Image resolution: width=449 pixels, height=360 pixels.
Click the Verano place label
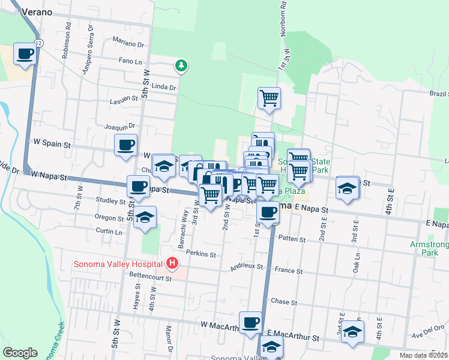pyautogui.click(x=38, y=11)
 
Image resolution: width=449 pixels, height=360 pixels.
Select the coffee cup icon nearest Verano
pyautogui.click(x=25, y=55)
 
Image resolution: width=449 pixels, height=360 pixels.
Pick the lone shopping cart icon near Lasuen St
pyautogui.click(x=269, y=98)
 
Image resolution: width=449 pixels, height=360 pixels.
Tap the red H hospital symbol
pyautogui.click(x=172, y=263)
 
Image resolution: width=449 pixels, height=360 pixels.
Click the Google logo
pyautogui.click(x=20, y=352)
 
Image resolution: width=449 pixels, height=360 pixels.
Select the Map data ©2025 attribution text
pyautogui.click(x=423, y=355)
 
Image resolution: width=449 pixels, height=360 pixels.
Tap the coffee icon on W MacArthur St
pyautogui.click(x=250, y=322)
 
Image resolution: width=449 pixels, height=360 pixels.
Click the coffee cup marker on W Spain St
pyautogui.click(x=126, y=145)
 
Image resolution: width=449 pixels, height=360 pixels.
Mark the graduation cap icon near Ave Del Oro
pyautogui.click(x=352, y=331)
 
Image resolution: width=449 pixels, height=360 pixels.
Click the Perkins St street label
pyautogui.click(x=200, y=254)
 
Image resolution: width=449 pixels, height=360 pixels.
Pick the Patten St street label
pyautogui.click(x=292, y=239)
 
